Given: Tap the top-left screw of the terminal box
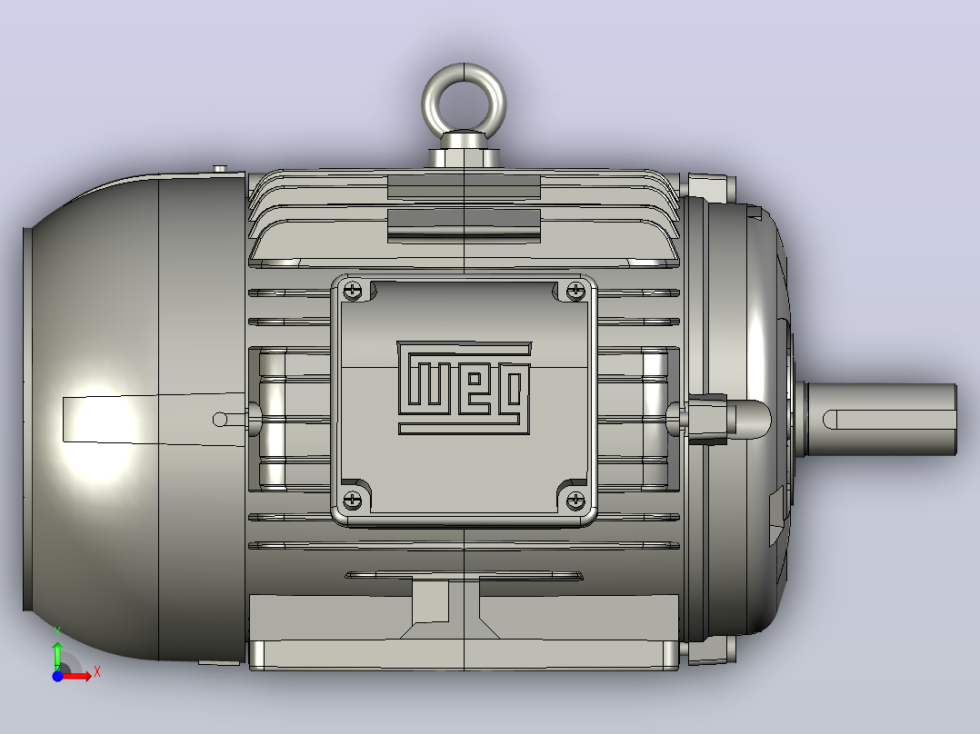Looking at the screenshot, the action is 353,291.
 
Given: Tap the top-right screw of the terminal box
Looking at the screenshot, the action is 575,291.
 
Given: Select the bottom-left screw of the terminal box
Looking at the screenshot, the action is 353,500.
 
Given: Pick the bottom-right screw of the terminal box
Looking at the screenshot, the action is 575,500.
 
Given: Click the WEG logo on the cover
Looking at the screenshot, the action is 464,388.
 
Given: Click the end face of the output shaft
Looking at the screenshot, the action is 955,420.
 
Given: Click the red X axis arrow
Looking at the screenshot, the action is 75,676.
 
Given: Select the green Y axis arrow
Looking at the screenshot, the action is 57,656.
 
